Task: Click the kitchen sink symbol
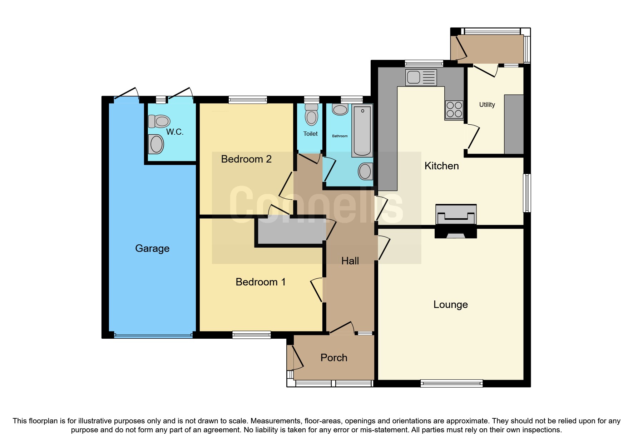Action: [x=421, y=77]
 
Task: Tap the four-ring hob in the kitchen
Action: [x=454, y=109]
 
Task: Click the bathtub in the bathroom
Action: [x=362, y=131]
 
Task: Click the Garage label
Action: [x=152, y=248]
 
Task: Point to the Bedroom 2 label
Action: [x=246, y=159]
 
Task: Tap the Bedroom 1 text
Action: [x=261, y=282]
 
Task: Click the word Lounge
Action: [x=450, y=304]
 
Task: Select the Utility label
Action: [x=487, y=105]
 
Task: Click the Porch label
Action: [x=333, y=358]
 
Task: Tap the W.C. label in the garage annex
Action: [x=175, y=132]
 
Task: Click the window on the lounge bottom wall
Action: [x=451, y=383]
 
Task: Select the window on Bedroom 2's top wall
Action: [x=248, y=100]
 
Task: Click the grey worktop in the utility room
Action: [x=514, y=124]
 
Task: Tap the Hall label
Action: [x=350, y=261]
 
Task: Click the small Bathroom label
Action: [x=340, y=136]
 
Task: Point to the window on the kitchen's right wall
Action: [x=527, y=193]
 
